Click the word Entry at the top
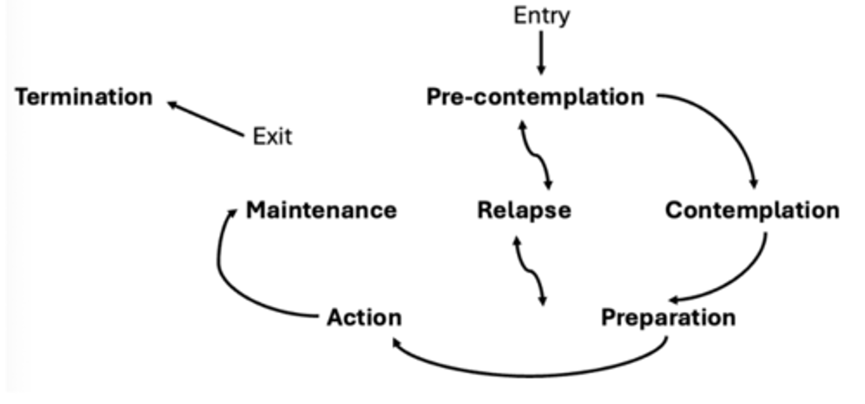coord(541,16)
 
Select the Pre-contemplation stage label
coord(535,97)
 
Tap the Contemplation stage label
coord(752,210)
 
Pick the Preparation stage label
coord(668,317)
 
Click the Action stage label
coord(364,317)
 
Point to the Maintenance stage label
coord(321,210)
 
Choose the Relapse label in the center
coord(524,210)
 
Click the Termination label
coord(83,97)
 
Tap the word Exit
coord(272,137)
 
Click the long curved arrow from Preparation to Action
coord(529,375)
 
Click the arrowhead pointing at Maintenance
coord(232,212)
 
